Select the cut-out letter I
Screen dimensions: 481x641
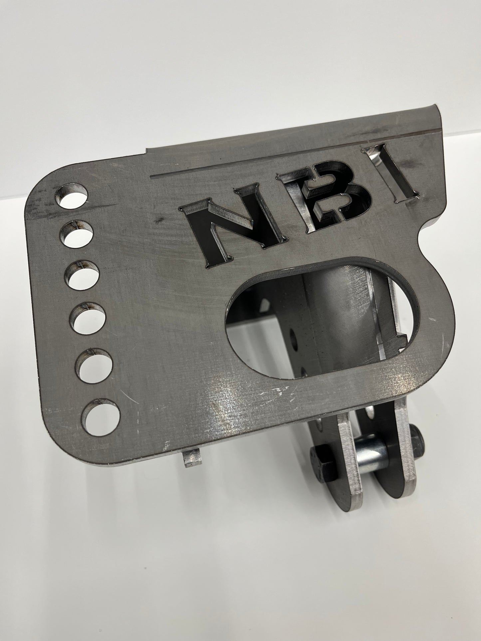(x=391, y=173)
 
